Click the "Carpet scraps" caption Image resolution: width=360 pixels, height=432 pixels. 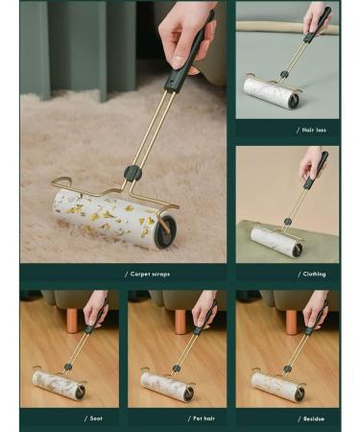point(147,275)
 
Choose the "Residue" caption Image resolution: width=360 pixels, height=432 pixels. point(309,419)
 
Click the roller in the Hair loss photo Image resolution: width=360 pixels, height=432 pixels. point(269,92)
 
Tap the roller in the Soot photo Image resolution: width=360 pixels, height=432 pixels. point(59,385)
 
